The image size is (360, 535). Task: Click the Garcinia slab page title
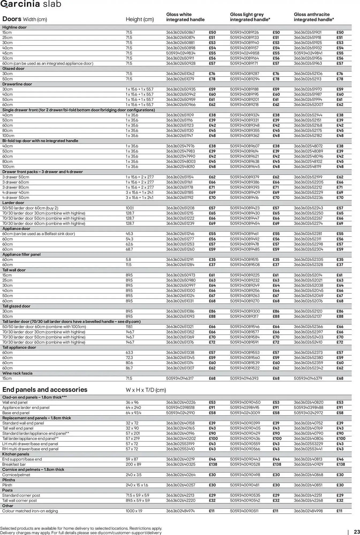click(31, 4)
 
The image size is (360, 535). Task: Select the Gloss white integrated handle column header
click(185, 17)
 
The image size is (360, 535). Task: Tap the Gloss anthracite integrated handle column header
click(314, 17)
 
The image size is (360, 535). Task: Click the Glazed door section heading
click(13, 68)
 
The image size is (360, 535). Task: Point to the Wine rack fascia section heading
click(17, 373)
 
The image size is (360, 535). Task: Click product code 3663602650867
click(180, 32)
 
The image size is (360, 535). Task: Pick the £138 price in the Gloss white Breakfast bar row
click(213, 464)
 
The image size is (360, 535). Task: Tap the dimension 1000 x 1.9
click(134, 511)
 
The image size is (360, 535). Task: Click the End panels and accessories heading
click(45, 389)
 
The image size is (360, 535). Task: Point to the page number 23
click(357, 532)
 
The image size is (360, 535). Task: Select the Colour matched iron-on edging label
click(30, 511)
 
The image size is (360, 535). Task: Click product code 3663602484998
click(308, 511)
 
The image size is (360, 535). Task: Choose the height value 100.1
click(130, 208)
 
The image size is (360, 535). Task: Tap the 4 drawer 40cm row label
click(16, 192)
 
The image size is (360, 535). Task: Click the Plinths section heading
click(9, 480)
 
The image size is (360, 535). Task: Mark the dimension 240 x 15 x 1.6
click(137, 485)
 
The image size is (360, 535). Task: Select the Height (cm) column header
click(140, 19)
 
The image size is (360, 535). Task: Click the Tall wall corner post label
click(20, 500)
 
